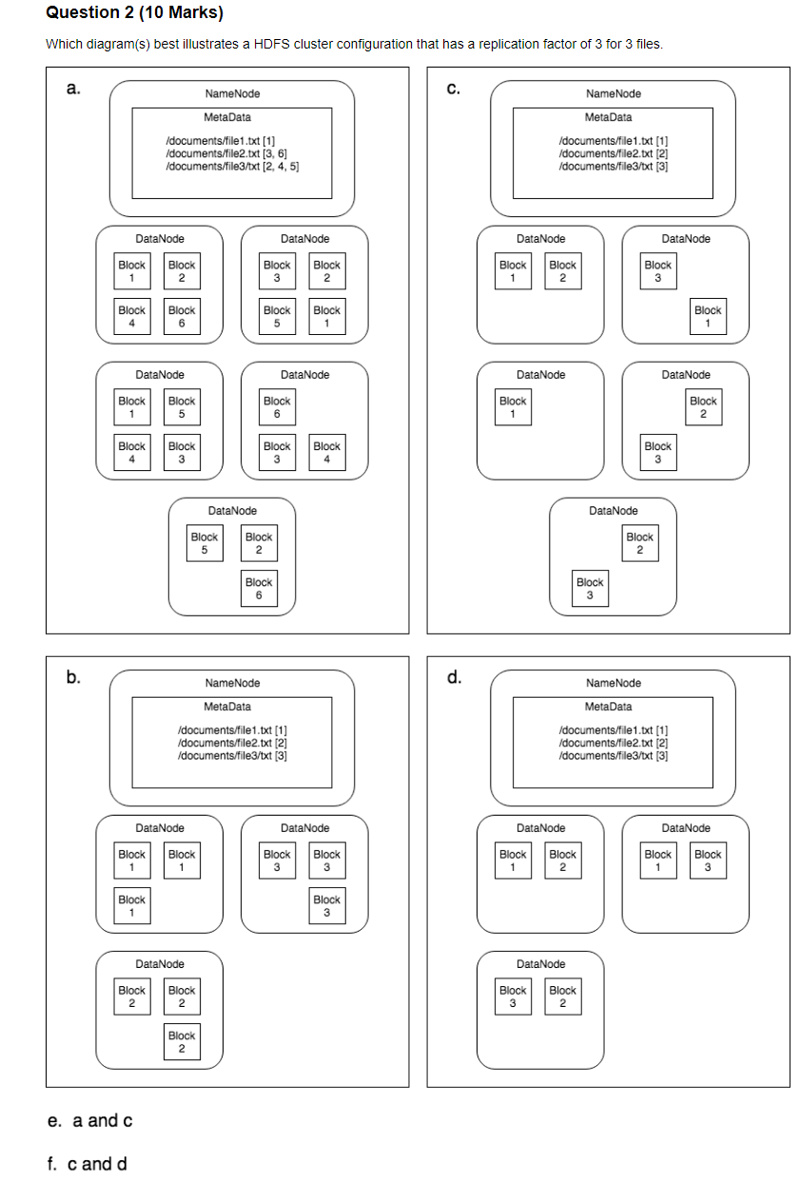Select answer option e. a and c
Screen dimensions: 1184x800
90,1120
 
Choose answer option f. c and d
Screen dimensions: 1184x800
88,1164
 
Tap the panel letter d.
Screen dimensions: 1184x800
455,679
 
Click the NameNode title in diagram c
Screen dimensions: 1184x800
614,93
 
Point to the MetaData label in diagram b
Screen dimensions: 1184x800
227,706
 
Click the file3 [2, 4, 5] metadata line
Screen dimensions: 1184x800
233,166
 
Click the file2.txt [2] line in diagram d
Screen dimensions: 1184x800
614,743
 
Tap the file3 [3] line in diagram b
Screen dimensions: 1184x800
232,755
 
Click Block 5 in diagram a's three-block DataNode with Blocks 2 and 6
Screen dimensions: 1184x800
205,543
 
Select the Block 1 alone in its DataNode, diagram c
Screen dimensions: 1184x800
513,406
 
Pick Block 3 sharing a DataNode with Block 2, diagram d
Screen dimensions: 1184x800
513,996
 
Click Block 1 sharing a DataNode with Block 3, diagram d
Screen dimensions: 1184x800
658,859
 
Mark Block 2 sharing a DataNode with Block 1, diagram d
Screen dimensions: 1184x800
563,859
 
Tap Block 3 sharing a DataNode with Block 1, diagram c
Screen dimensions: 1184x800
658,270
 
